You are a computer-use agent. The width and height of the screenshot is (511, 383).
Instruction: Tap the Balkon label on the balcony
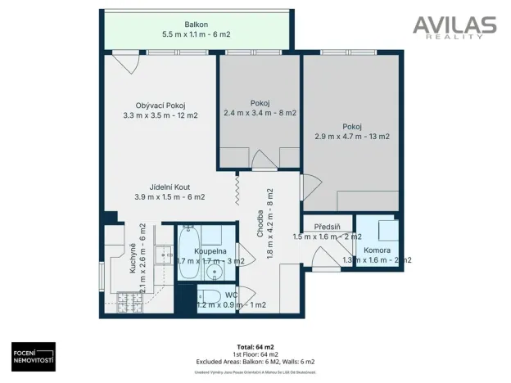tap(196, 25)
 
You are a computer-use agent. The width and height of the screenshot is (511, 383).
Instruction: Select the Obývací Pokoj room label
tap(161, 106)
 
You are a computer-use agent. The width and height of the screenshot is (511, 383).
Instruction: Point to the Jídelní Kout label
tap(170, 187)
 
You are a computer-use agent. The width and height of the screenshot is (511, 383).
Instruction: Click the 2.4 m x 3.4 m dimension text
tap(260, 113)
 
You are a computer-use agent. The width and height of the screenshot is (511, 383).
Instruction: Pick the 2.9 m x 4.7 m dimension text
tap(352, 137)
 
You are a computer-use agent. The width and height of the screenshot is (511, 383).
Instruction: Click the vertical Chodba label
tap(260, 221)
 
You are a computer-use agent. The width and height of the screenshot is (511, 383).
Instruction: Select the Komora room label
tap(377, 250)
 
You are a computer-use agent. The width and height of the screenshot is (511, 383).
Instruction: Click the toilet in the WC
tap(208, 296)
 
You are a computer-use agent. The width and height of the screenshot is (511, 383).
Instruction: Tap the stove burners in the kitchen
tap(129, 302)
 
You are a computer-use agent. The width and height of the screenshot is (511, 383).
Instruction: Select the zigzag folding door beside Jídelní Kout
tap(237, 190)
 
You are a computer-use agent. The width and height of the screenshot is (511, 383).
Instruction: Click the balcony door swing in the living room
tap(124, 62)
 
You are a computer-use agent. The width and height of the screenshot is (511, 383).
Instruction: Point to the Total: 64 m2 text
tap(255, 346)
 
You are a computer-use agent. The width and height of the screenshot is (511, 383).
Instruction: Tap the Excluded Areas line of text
tap(255, 361)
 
